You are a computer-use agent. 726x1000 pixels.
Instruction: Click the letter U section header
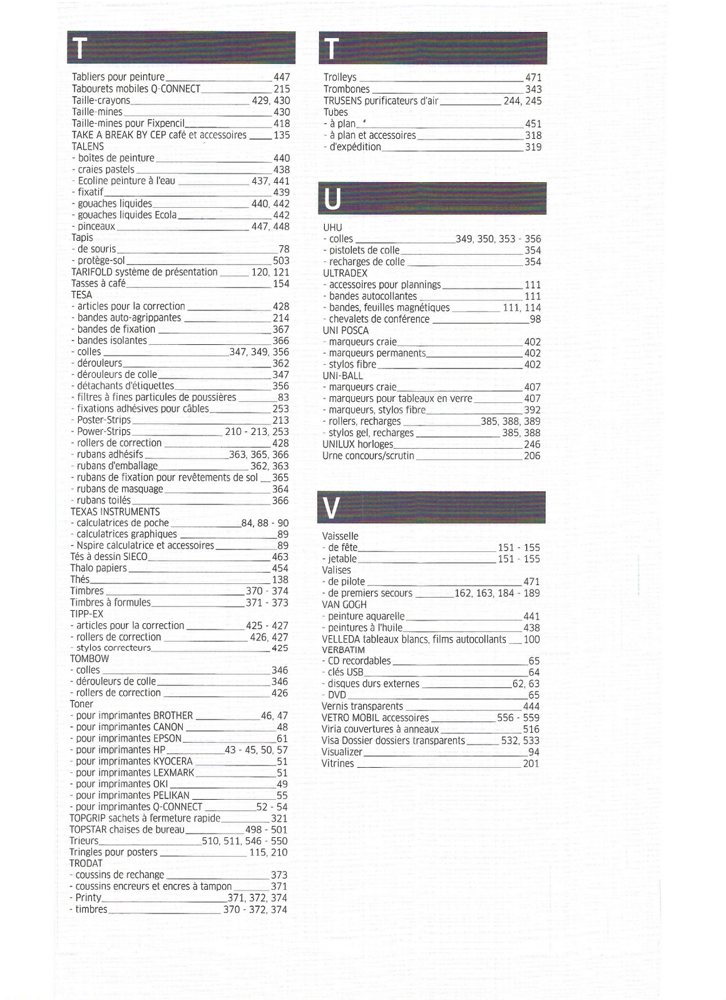tap(432, 198)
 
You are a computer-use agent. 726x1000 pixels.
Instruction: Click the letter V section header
tap(432, 508)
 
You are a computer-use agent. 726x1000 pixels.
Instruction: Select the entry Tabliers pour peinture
tap(118, 77)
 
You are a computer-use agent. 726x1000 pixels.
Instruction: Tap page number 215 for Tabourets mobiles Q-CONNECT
tap(282, 89)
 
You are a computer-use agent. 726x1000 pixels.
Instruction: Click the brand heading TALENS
tap(88, 146)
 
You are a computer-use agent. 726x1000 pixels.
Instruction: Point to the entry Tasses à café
tap(98, 283)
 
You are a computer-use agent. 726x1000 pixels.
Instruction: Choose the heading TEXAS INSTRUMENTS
tap(115, 512)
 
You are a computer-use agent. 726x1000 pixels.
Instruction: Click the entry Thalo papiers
tap(98, 568)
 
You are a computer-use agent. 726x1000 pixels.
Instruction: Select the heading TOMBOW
tap(89, 659)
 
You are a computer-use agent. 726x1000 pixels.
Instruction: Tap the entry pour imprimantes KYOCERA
tap(134, 762)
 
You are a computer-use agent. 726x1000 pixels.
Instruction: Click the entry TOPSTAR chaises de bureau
tap(127, 830)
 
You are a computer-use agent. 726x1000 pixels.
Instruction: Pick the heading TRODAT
tap(86, 864)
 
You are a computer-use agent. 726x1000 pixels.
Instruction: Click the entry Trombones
tap(347, 89)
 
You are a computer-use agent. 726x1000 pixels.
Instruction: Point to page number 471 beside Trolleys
tap(533, 78)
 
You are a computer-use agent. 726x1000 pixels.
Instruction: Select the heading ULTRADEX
tap(345, 273)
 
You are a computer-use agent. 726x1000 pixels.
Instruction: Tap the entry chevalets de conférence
tap(379, 319)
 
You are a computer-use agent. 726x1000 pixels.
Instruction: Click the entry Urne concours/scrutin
tap(368, 456)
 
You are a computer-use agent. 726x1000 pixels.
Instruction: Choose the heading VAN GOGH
tap(344, 605)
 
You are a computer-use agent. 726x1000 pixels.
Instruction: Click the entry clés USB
tap(345, 672)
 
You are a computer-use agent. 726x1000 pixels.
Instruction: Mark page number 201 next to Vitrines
tap(531, 763)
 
